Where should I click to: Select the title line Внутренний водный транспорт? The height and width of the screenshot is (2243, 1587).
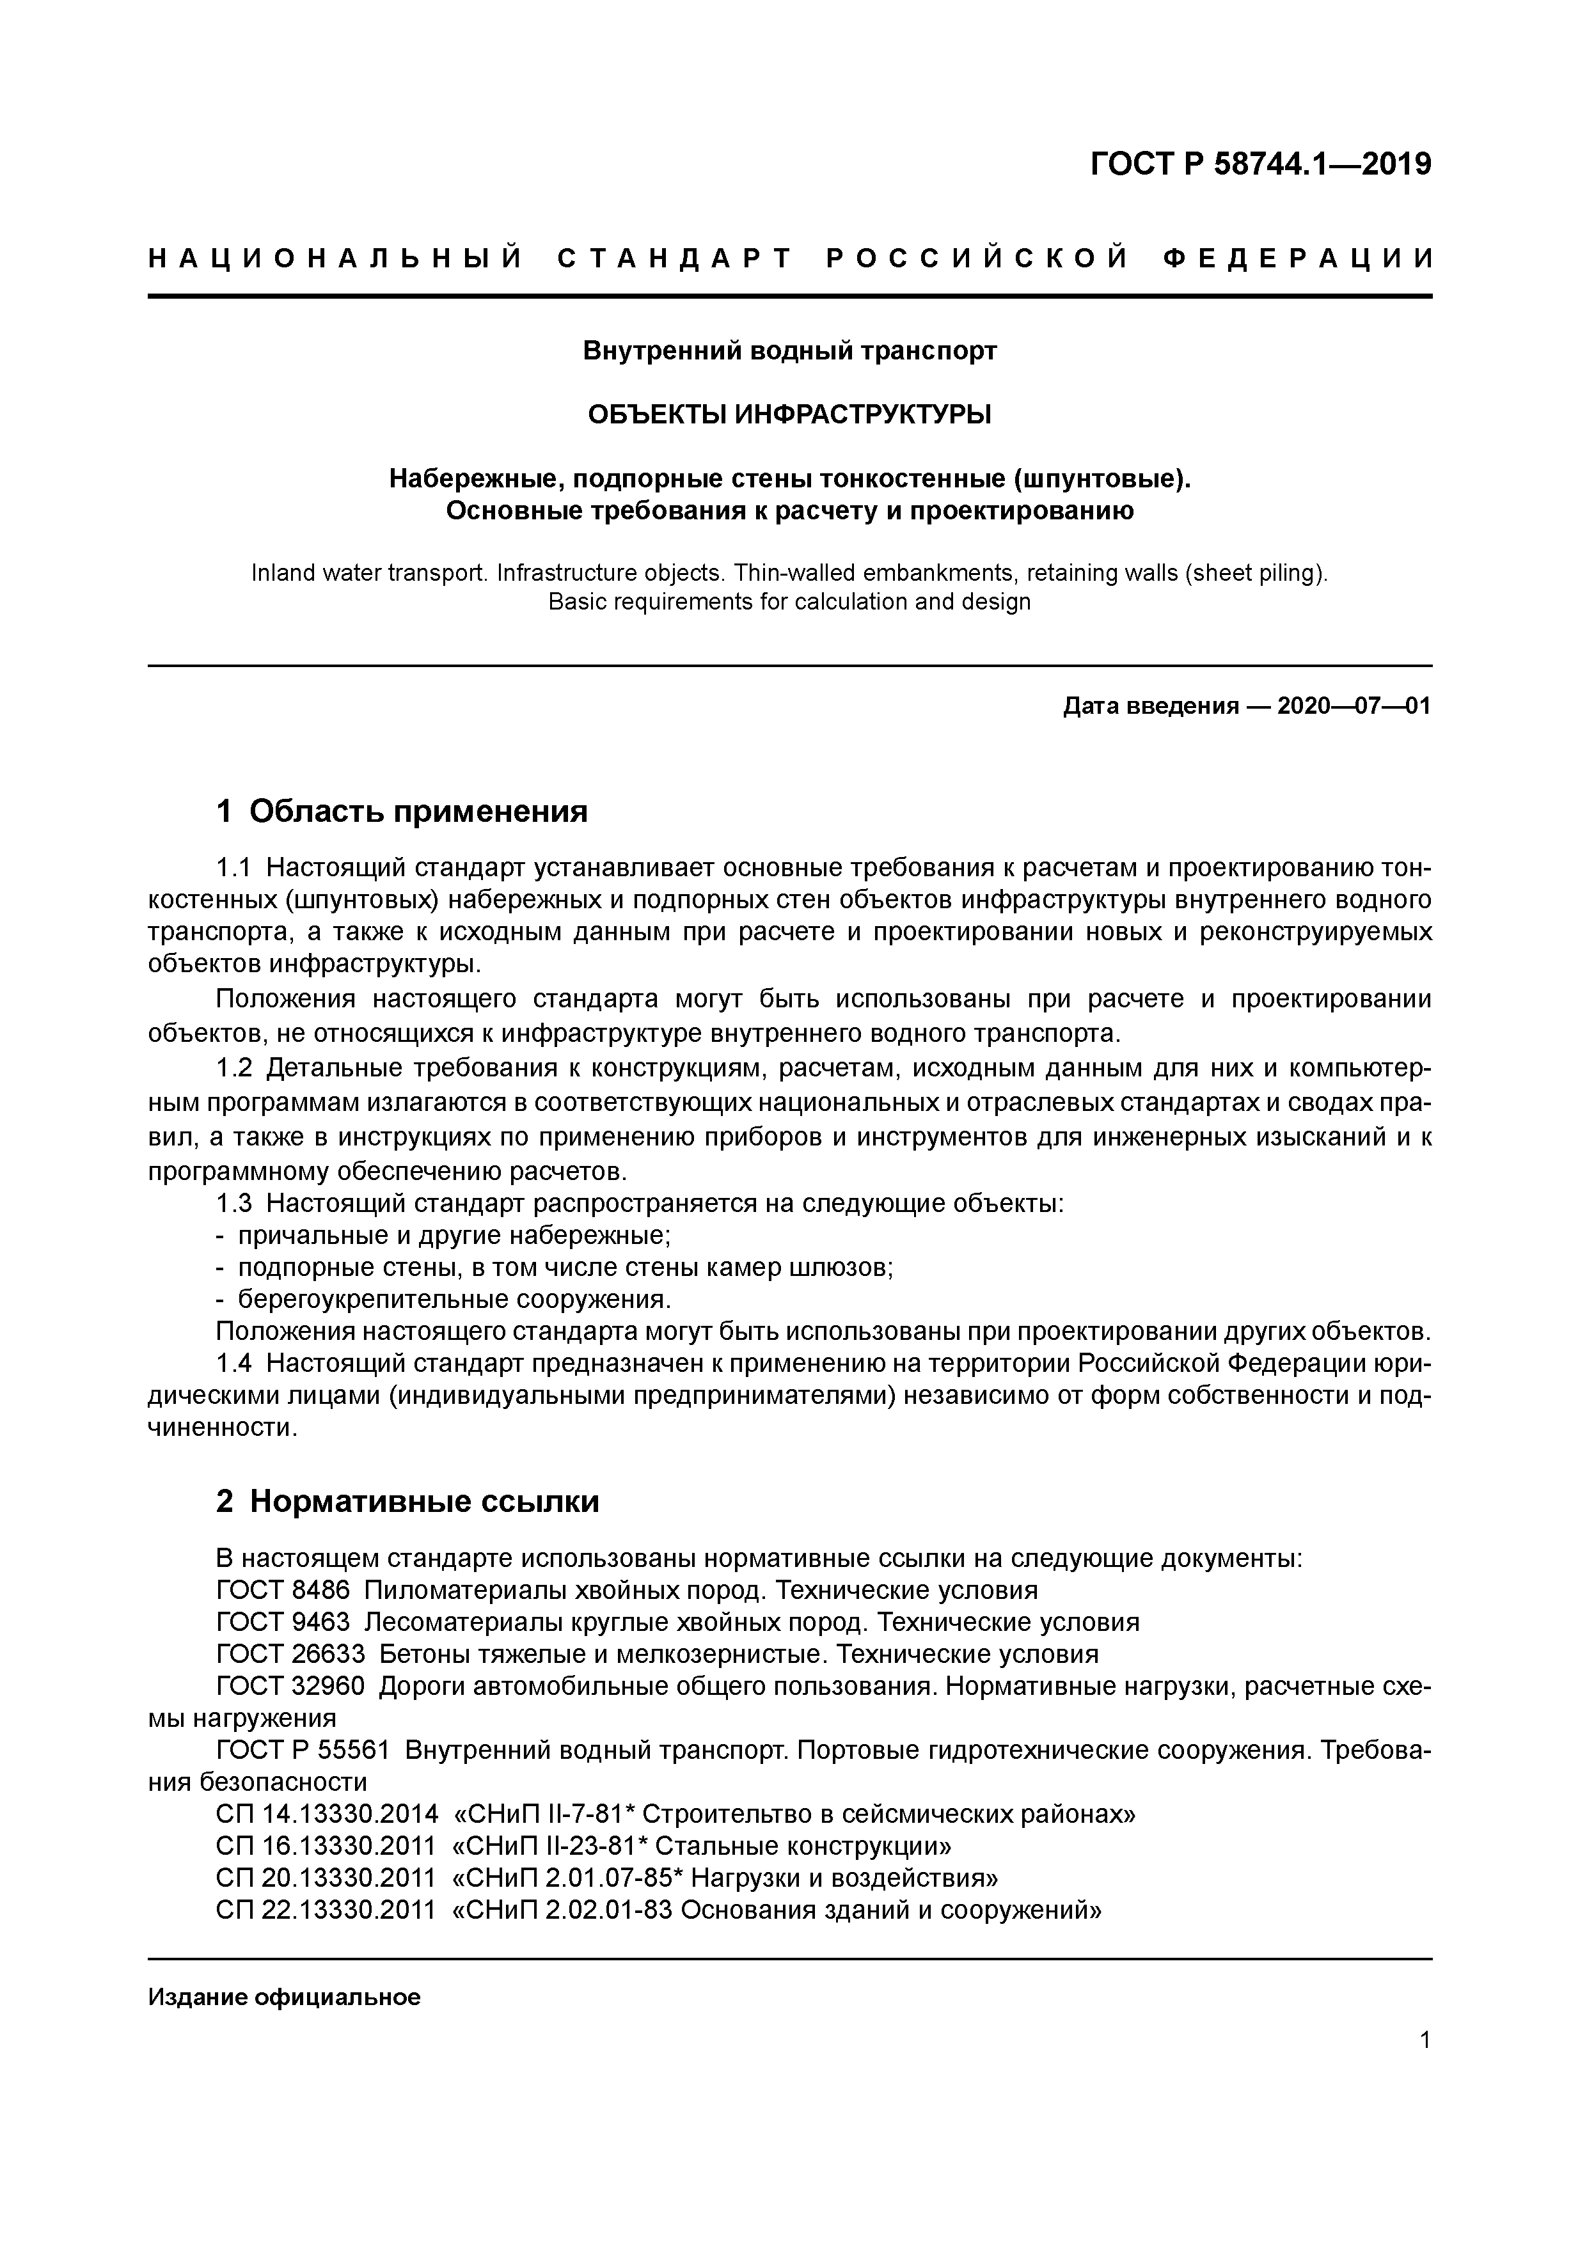[789, 350]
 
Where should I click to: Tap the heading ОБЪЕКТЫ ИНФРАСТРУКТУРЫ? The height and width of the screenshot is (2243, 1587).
[789, 415]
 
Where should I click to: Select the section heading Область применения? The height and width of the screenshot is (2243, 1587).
[418, 811]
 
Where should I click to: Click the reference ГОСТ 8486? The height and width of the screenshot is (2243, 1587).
[283, 1591]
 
